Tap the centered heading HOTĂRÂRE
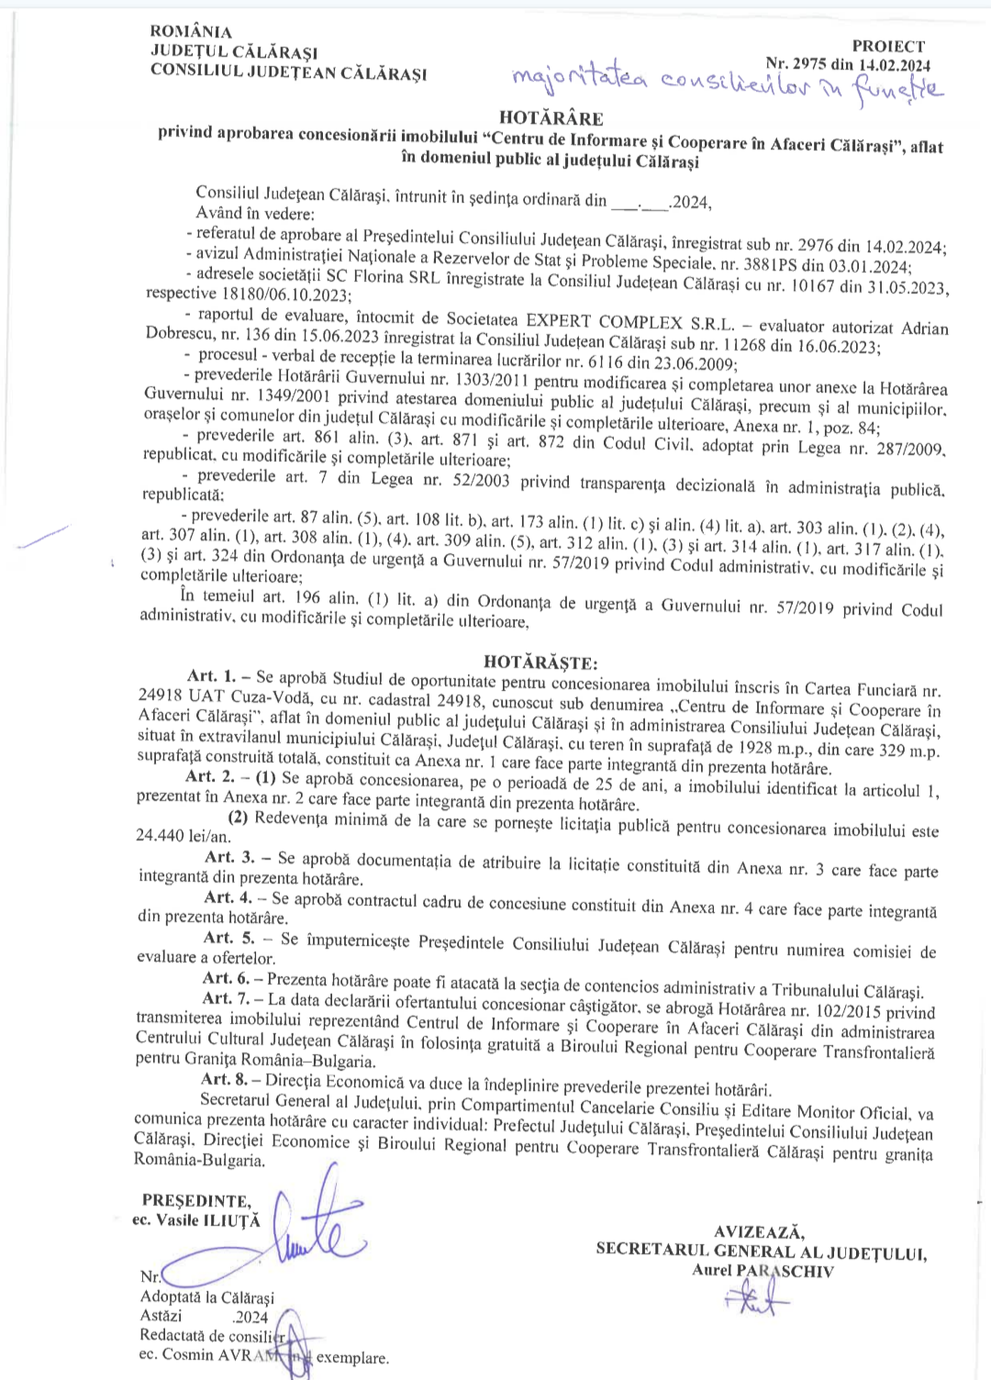click(x=551, y=118)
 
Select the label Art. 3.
click(x=229, y=857)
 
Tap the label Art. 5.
click(x=229, y=938)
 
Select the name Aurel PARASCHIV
click(x=763, y=1271)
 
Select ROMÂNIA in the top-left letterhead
click(x=192, y=32)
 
